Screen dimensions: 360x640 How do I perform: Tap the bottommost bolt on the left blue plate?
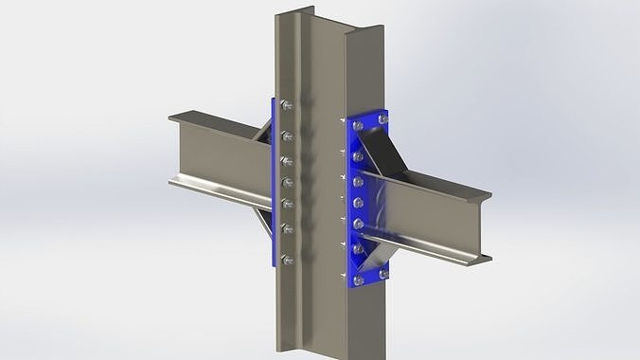(288, 259)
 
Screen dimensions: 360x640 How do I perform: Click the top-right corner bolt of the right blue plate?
(382, 119)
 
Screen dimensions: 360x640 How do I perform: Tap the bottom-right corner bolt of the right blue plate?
(382, 276)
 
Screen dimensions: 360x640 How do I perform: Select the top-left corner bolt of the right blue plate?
(357, 123)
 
